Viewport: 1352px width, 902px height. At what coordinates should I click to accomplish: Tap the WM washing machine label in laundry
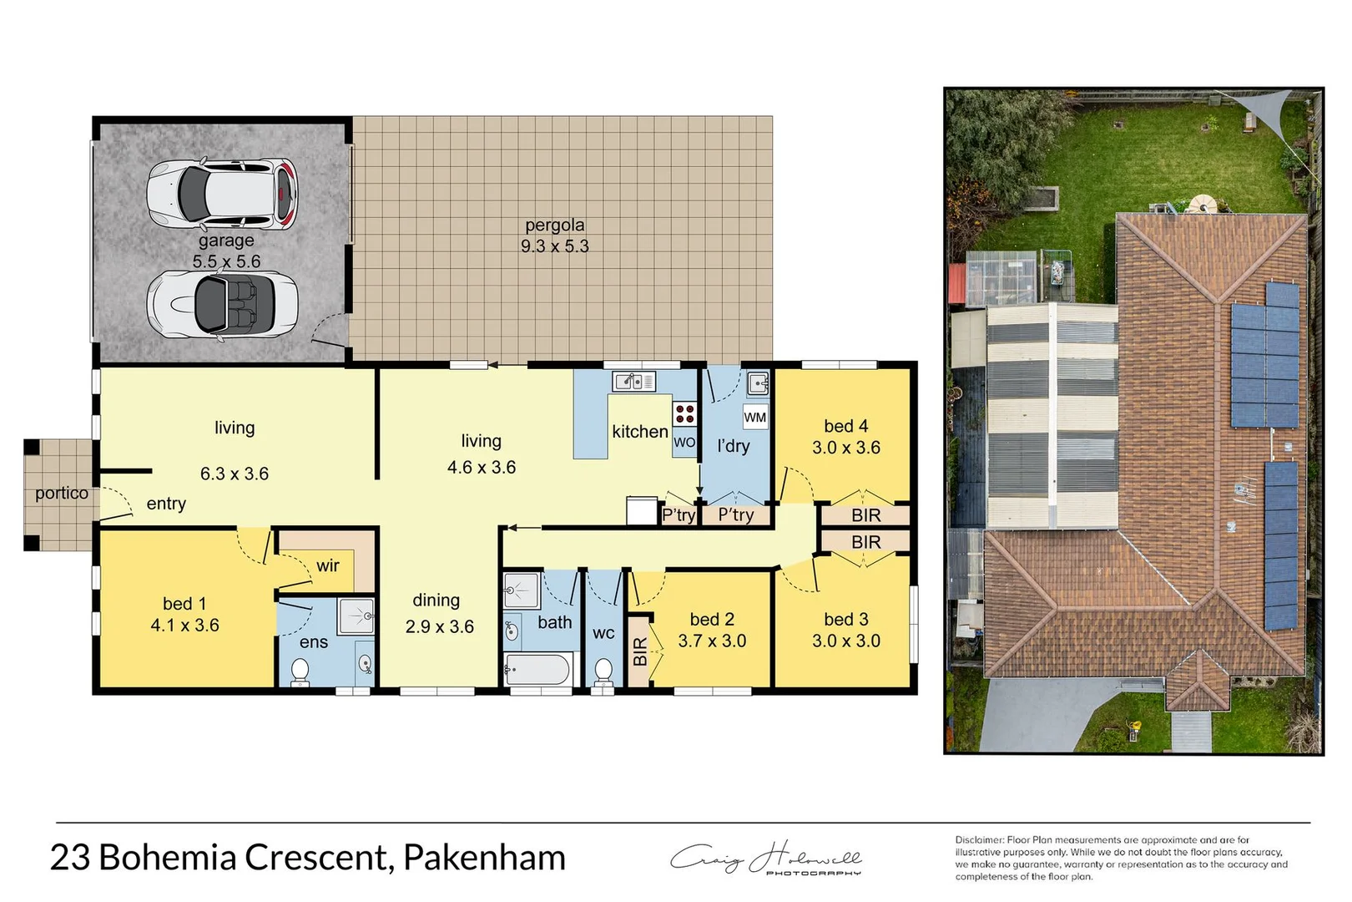coord(754,418)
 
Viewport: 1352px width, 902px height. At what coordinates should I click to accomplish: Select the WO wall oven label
coord(684,443)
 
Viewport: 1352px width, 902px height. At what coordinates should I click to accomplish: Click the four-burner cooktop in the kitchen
coord(684,414)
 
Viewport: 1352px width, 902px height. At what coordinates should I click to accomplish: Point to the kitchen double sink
coord(634,382)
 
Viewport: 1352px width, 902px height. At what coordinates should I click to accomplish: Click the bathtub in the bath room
coord(537,670)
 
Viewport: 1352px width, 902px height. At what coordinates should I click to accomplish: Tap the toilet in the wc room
coord(603,671)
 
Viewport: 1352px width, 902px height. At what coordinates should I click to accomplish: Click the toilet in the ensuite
coord(300,671)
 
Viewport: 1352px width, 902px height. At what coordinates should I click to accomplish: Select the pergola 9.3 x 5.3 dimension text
coord(555,246)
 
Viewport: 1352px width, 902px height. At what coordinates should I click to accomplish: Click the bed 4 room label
coord(845,426)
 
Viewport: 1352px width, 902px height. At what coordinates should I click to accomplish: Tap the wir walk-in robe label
coord(328,565)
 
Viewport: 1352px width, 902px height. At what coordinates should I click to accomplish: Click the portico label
coord(61,493)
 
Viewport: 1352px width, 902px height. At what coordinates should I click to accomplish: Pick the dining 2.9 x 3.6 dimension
coord(440,626)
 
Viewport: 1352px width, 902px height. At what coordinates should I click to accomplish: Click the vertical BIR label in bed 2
coord(640,651)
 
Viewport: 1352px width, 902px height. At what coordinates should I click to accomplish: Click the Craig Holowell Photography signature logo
coord(766,859)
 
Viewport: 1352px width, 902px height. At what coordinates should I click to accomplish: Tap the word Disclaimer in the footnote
coord(979,840)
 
